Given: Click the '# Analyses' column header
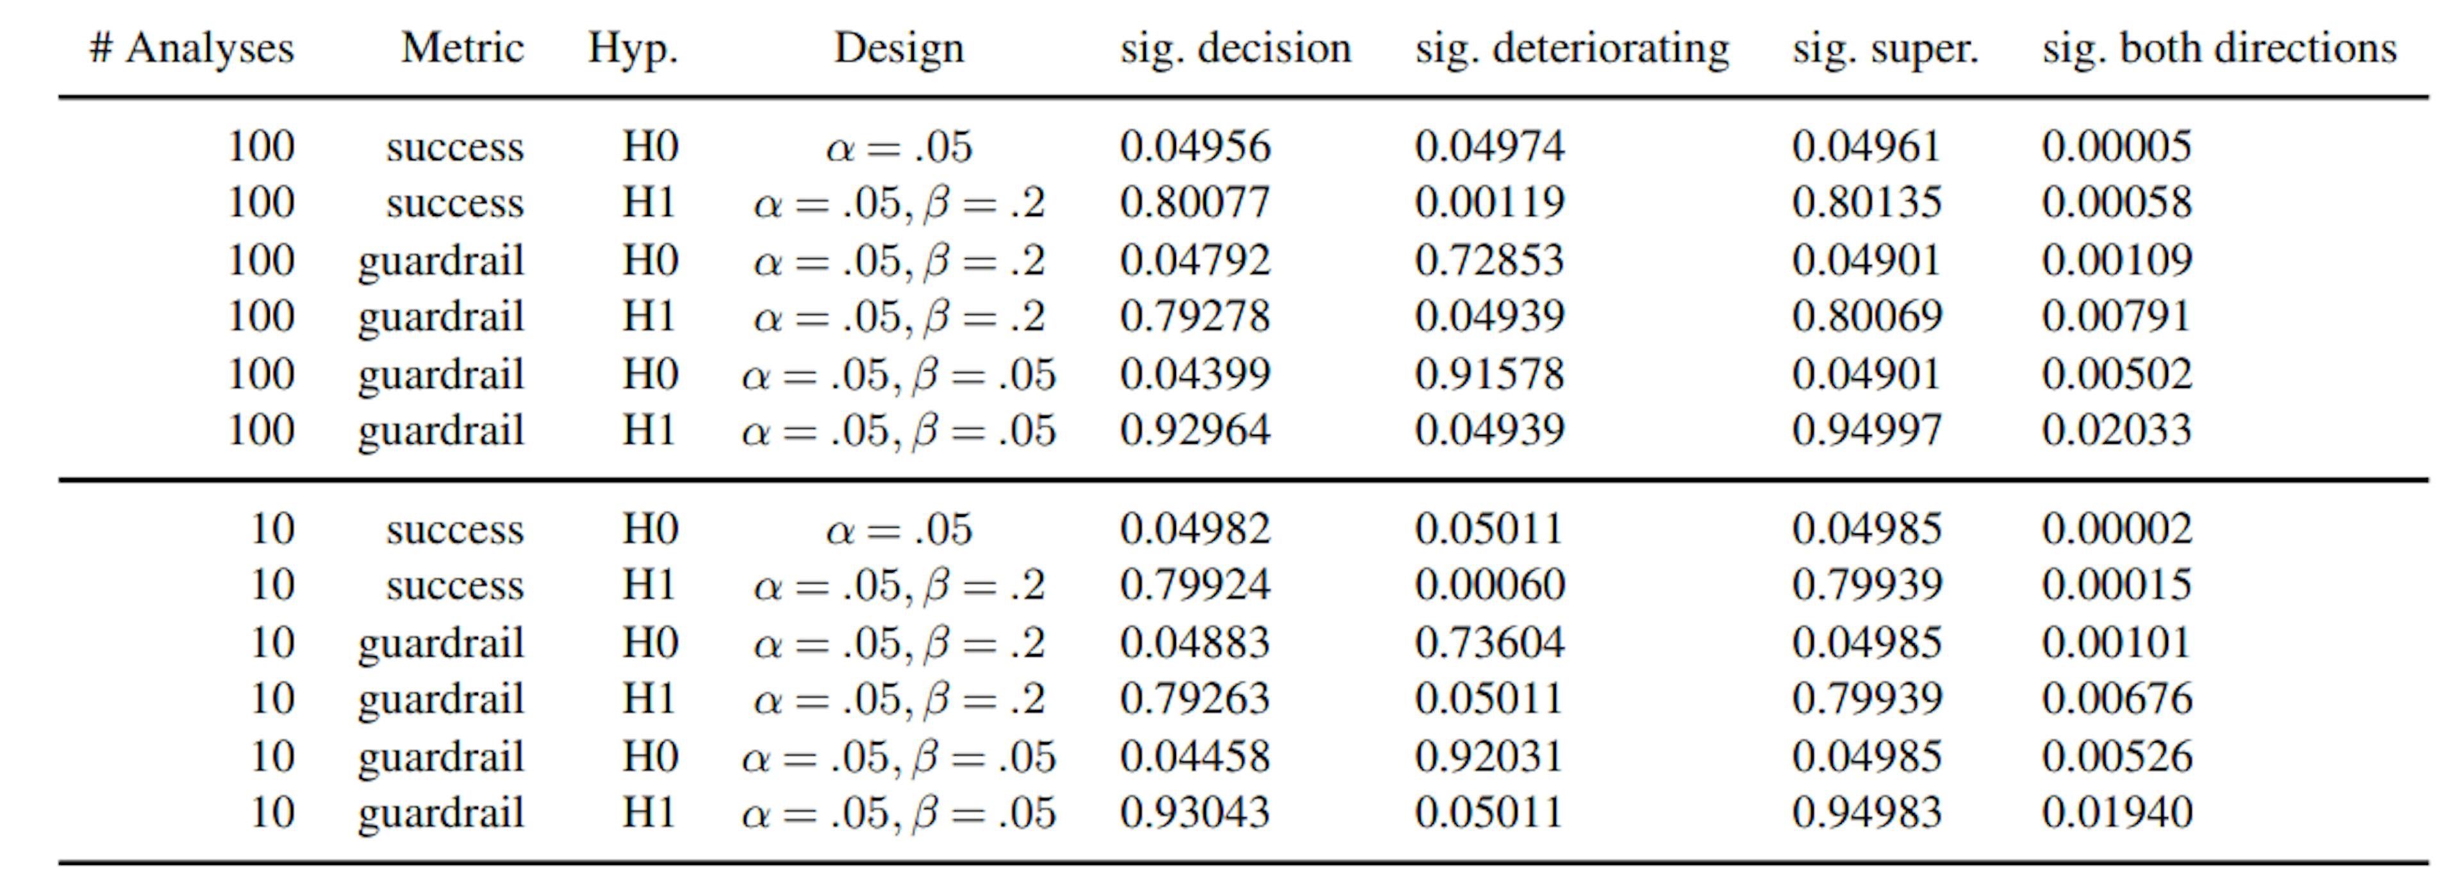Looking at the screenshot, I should click(x=191, y=48).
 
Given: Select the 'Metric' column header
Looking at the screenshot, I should click(x=462, y=48).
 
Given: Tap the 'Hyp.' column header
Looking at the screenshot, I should click(x=633, y=48).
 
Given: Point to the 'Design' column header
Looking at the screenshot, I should click(x=899, y=48).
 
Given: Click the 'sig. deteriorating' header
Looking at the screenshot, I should click(x=1571, y=48).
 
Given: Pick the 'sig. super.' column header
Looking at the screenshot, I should click(x=1885, y=48).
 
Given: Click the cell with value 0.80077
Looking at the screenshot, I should click(x=1195, y=203).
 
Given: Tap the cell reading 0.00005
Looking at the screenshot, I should click(x=2116, y=146).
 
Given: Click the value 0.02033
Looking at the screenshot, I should click(x=2116, y=430).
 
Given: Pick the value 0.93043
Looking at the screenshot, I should click(x=1195, y=812).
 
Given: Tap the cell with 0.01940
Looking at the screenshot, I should click(x=2116, y=812).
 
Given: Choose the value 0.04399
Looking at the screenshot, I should click(x=1195, y=374).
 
